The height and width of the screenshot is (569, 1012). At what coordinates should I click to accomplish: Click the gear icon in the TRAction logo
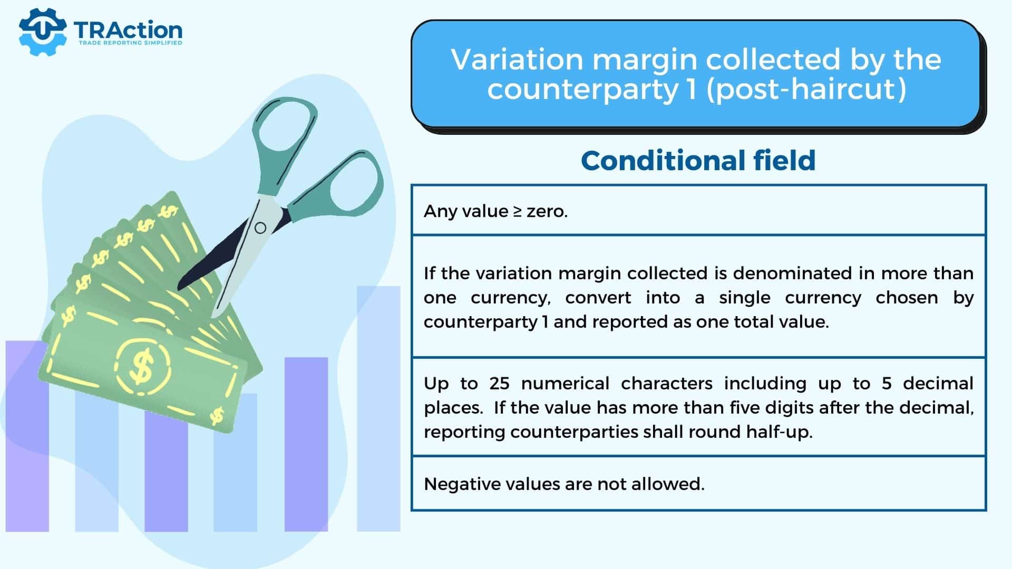[x=43, y=32]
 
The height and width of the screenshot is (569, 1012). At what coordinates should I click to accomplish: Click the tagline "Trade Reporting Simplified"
[x=130, y=43]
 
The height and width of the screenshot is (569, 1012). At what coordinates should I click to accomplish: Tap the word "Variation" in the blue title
[x=517, y=59]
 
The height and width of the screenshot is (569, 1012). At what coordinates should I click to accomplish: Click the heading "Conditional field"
[x=698, y=160]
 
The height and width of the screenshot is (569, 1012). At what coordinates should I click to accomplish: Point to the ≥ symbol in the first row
[x=518, y=211]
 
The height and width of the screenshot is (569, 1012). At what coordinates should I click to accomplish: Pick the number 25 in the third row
[x=499, y=383]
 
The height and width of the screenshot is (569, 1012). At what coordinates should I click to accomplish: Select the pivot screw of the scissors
[x=260, y=228]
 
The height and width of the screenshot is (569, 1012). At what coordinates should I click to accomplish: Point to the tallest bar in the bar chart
[x=378, y=409]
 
